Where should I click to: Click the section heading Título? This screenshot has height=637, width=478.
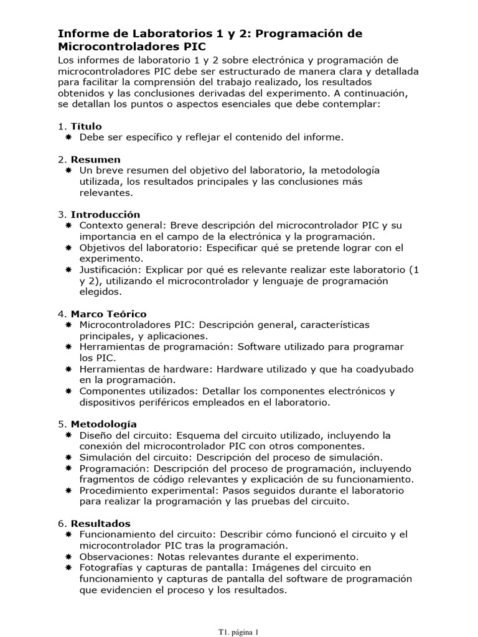coord(86,126)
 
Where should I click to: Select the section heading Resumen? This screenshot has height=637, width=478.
coord(95,159)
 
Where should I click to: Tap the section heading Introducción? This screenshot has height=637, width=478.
coord(105,215)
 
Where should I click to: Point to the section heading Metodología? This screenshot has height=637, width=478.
coord(103,424)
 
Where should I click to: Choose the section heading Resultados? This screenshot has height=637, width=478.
coord(100,523)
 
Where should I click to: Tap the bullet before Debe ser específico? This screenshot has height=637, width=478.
coord(69,137)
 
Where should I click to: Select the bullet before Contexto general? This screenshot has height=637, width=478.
coord(69,225)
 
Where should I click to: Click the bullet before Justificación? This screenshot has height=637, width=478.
coord(69,269)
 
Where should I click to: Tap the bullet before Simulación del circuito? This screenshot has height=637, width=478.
coord(69,457)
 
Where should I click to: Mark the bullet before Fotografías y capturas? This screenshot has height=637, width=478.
coord(69,567)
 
